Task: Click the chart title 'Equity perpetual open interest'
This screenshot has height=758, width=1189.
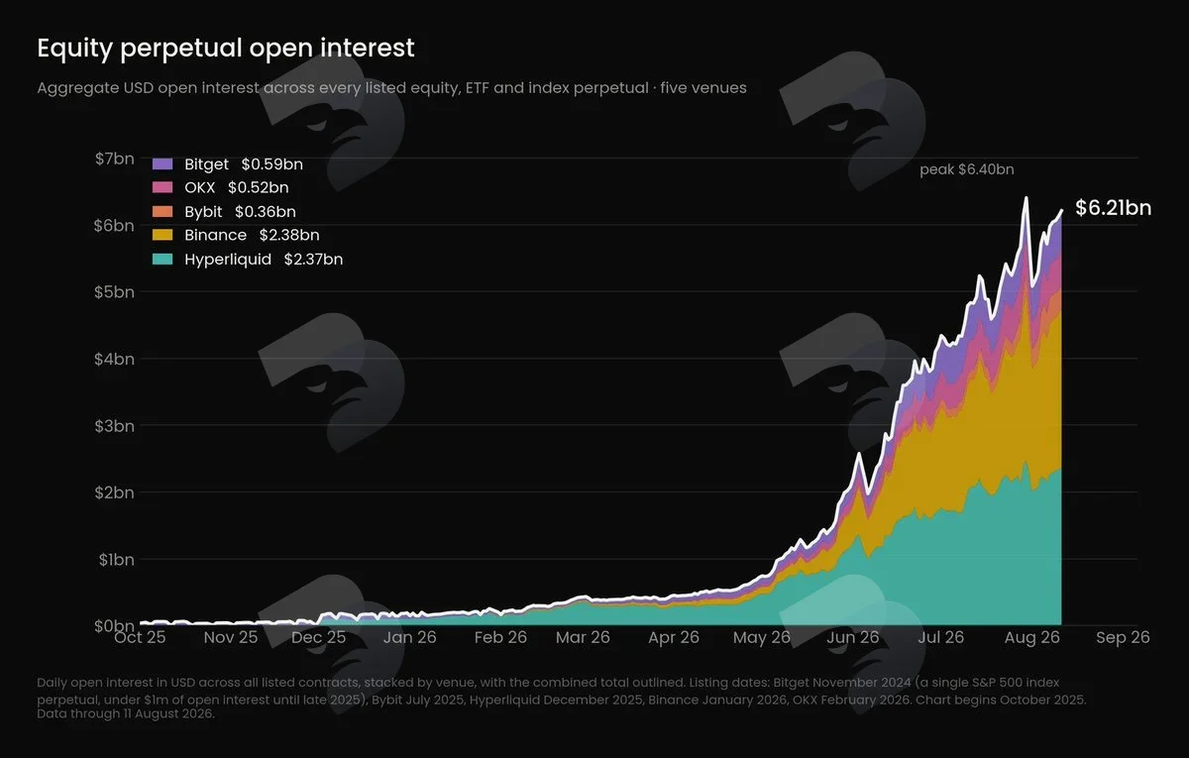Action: [226, 49]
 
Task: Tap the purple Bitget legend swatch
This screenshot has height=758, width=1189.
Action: [162, 164]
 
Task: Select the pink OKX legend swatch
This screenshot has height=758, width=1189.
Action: [162, 187]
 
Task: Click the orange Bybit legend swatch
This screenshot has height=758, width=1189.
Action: [162, 211]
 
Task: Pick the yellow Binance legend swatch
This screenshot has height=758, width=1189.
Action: [162, 235]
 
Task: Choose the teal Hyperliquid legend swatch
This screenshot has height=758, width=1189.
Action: [162, 259]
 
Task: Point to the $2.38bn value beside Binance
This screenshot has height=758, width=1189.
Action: [289, 235]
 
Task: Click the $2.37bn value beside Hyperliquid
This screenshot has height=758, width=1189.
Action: [314, 259]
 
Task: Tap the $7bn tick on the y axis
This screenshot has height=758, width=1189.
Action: [114, 159]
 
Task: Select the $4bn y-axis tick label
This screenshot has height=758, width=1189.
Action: [114, 359]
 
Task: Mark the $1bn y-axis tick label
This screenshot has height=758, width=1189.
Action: [116, 560]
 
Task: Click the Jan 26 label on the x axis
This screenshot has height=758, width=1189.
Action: [410, 637]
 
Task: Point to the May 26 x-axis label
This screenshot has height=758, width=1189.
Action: [762, 637]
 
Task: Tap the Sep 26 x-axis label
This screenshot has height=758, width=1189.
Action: [1123, 637]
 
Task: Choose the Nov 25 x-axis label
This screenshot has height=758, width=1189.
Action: [231, 637]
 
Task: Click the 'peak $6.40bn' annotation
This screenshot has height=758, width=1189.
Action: [967, 169]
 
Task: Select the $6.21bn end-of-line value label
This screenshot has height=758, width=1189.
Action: [1113, 207]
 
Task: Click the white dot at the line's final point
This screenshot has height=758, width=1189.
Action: [1061, 211]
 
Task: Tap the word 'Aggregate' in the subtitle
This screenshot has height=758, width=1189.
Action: [78, 88]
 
